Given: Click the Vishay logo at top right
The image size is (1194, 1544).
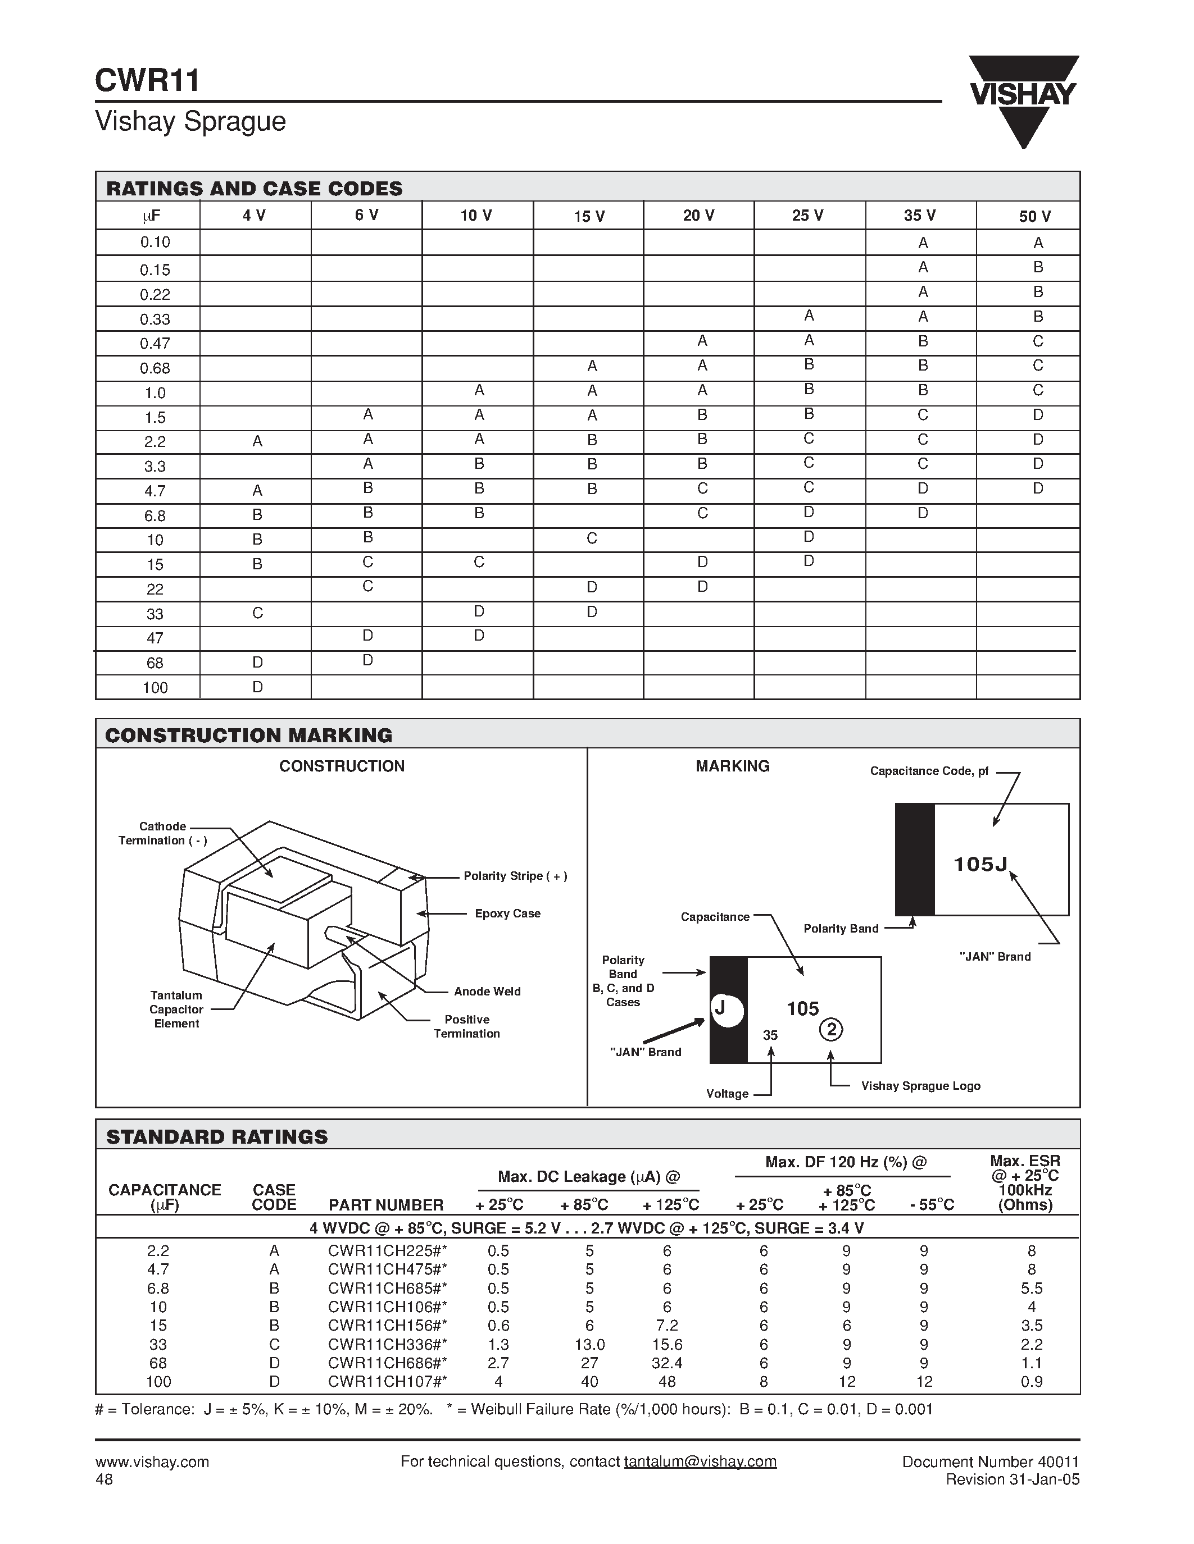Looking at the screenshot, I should tap(1023, 99).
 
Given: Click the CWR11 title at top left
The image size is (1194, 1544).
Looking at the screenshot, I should tap(147, 80).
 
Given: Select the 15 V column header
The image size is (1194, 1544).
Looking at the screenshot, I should tap(588, 216).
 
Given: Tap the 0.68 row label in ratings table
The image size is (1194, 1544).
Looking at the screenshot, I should tap(155, 368).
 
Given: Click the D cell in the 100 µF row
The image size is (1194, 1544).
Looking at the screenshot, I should tap(257, 687).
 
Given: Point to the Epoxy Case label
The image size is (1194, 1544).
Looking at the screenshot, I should tap(507, 913).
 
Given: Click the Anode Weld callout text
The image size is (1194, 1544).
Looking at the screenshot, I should tap(487, 991).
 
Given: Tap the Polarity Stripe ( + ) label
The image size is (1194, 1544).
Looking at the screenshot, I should tap(515, 876).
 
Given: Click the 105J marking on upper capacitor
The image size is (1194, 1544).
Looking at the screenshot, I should tap(980, 864).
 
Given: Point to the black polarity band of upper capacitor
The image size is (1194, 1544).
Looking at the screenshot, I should tap(914, 859).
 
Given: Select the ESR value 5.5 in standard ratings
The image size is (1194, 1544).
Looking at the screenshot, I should tap(1031, 1289).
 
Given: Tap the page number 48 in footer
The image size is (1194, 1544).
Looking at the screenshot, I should tap(104, 1479).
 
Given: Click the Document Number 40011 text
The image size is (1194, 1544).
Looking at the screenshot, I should tap(990, 1461).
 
